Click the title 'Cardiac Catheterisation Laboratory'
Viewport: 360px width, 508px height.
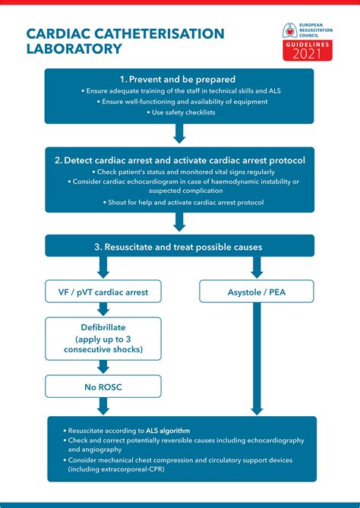pyautogui.click(x=125, y=41)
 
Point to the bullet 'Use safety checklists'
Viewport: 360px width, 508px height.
pyautogui.click(x=180, y=112)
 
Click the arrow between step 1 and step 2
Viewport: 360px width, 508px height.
pyautogui.click(x=180, y=134)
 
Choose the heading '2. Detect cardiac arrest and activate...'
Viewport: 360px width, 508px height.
pyautogui.click(x=180, y=160)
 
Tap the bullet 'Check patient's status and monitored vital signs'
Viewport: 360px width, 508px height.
pyautogui.click(x=180, y=172)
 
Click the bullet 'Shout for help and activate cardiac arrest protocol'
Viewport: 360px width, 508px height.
pyautogui.click(x=180, y=202)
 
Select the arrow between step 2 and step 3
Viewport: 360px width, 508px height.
pyautogui.click(x=180, y=222)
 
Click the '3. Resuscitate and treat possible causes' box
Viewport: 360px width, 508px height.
pyautogui.click(x=180, y=246)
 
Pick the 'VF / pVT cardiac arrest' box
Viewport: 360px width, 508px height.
pyautogui.click(x=103, y=291)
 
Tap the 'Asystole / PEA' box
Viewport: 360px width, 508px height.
pyautogui.click(x=257, y=291)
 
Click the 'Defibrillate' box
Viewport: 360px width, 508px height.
pyautogui.click(x=103, y=339)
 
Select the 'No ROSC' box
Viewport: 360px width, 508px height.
pyautogui.click(x=103, y=386)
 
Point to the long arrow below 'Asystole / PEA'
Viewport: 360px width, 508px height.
pyautogui.click(x=257, y=357)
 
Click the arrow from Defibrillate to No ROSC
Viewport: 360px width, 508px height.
pyautogui.click(x=103, y=366)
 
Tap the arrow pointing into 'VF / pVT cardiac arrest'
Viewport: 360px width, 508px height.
pyautogui.click(x=103, y=267)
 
